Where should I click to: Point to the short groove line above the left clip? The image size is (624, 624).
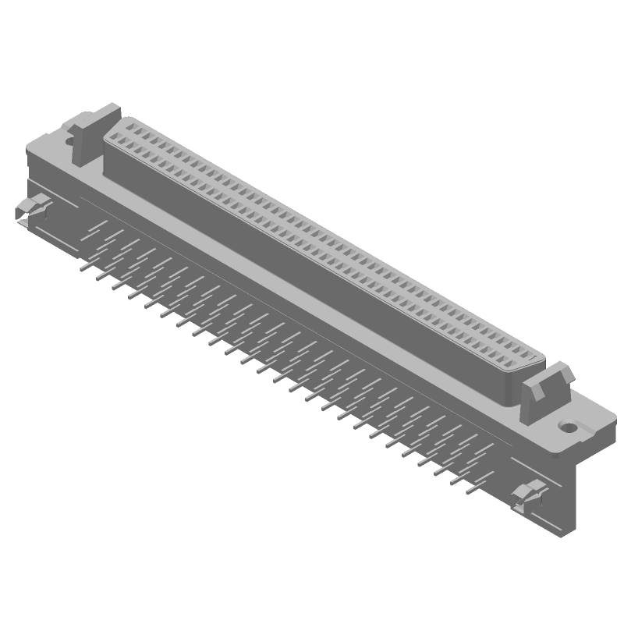coord(39,192)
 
